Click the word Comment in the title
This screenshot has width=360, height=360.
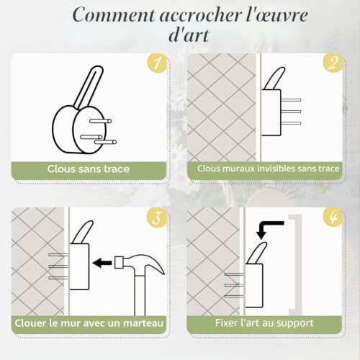point(114,15)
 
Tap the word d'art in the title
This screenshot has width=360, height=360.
point(189,35)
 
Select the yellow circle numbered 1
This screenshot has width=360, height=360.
point(157,63)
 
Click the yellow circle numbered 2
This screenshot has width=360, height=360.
point(333,63)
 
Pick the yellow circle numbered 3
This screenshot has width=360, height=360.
point(157,217)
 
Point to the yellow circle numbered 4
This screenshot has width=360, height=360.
point(333,217)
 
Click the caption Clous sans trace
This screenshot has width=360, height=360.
point(89,169)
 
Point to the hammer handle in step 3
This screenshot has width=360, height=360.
point(140,295)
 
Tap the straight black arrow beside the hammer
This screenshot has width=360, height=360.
point(102,263)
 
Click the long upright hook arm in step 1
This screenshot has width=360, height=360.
point(89,87)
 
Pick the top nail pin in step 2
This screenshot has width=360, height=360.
point(291,100)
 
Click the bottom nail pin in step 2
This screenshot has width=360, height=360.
point(291,123)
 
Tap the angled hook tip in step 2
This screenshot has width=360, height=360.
point(275,78)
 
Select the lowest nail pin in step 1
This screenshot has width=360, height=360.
point(105,142)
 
